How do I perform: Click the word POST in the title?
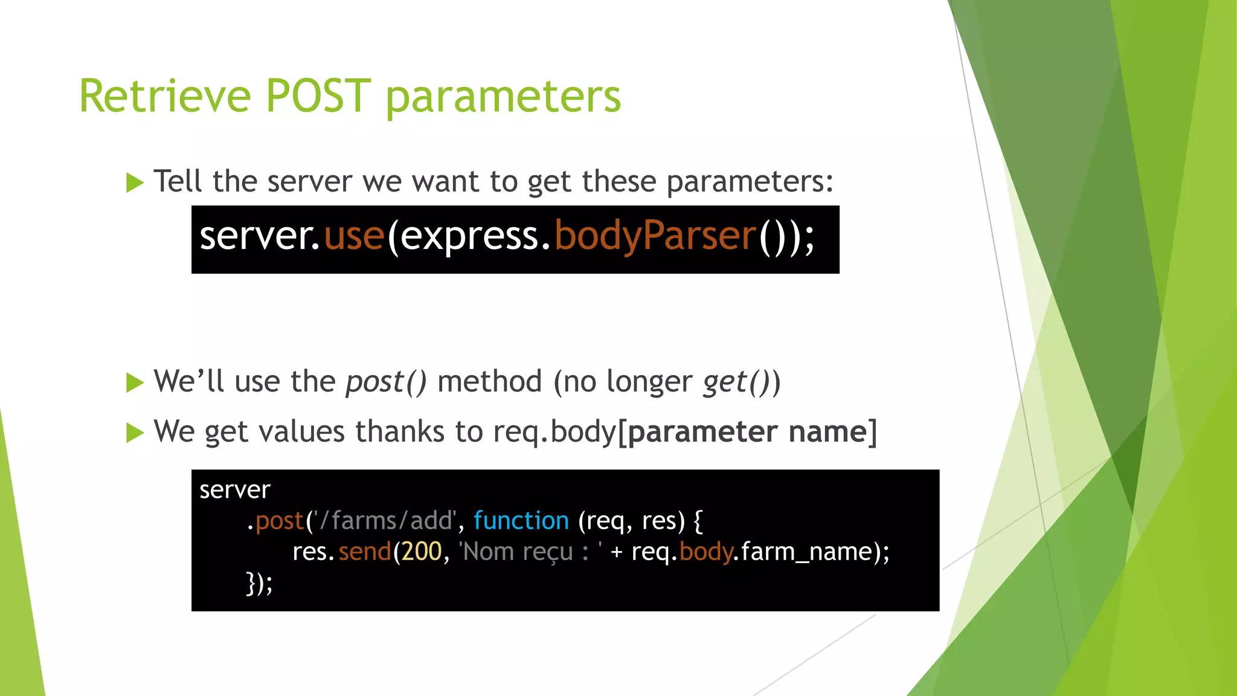pyautogui.click(x=318, y=96)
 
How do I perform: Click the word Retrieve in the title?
pyautogui.click(x=164, y=96)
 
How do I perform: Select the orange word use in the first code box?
pyautogui.click(x=354, y=237)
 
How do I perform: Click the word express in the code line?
pyautogui.click(x=469, y=237)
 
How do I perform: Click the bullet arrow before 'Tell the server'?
pyautogui.click(x=135, y=182)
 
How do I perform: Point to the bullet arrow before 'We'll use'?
pyautogui.click(x=135, y=382)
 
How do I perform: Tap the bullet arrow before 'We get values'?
pyautogui.click(x=135, y=433)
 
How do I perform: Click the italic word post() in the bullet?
pyautogui.click(x=386, y=382)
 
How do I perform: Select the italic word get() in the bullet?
pyautogui.click(x=735, y=382)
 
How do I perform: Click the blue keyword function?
pyautogui.click(x=521, y=521)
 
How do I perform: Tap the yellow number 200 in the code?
pyautogui.click(x=422, y=552)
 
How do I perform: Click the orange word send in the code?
pyautogui.click(x=365, y=552)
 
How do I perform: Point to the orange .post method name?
pyautogui.click(x=278, y=521)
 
